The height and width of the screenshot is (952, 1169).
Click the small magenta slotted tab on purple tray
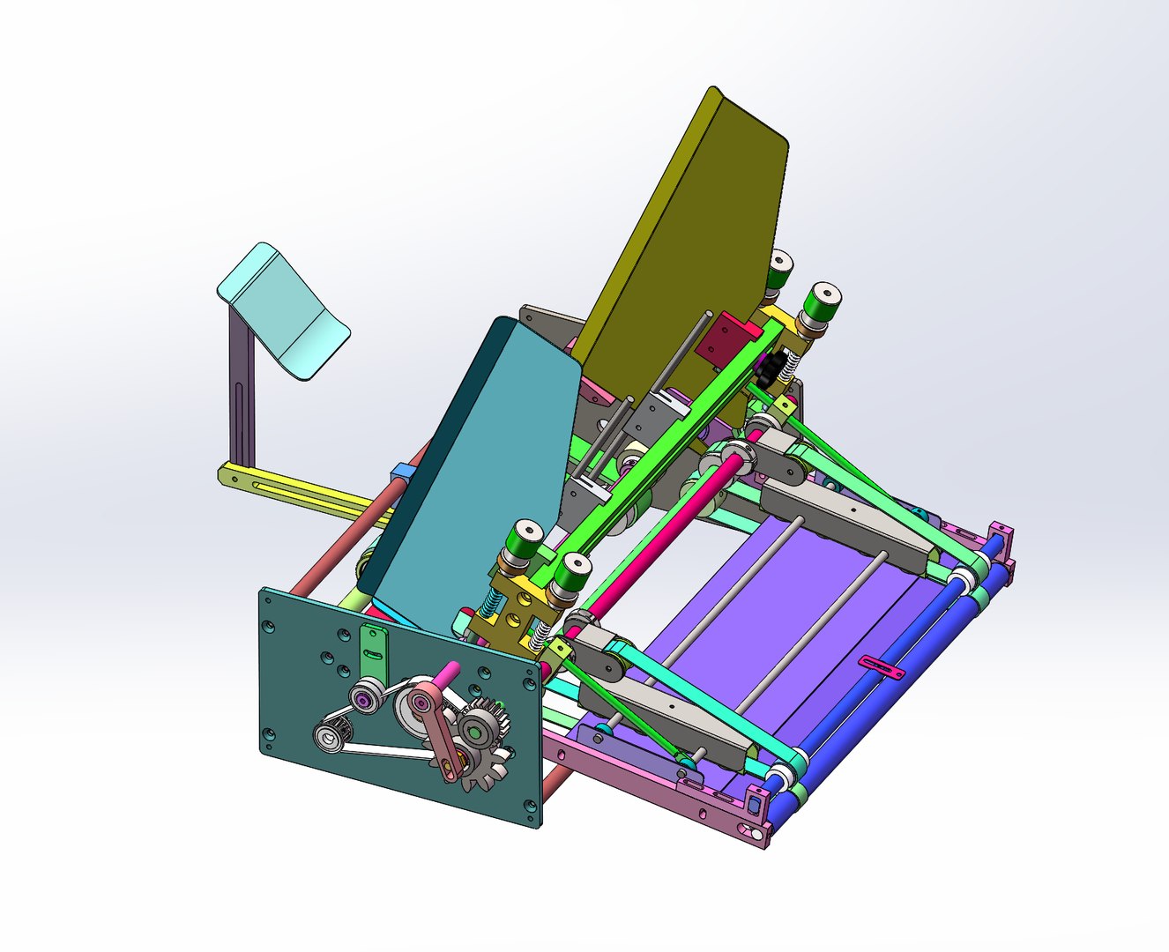(882, 667)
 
